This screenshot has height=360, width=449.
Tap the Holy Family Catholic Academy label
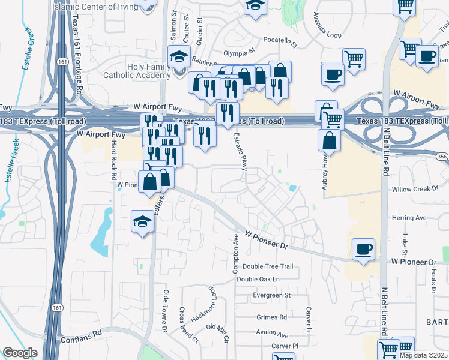click(137, 71)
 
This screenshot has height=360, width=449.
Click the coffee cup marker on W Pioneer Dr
click(363, 249)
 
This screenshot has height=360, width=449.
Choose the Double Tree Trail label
click(268, 266)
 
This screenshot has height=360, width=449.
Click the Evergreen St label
click(271, 295)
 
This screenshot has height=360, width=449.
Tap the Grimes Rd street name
click(271, 317)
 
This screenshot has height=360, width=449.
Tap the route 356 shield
click(442, 156)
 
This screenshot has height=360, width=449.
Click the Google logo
click(20, 353)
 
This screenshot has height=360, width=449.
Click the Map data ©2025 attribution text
click(424, 355)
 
